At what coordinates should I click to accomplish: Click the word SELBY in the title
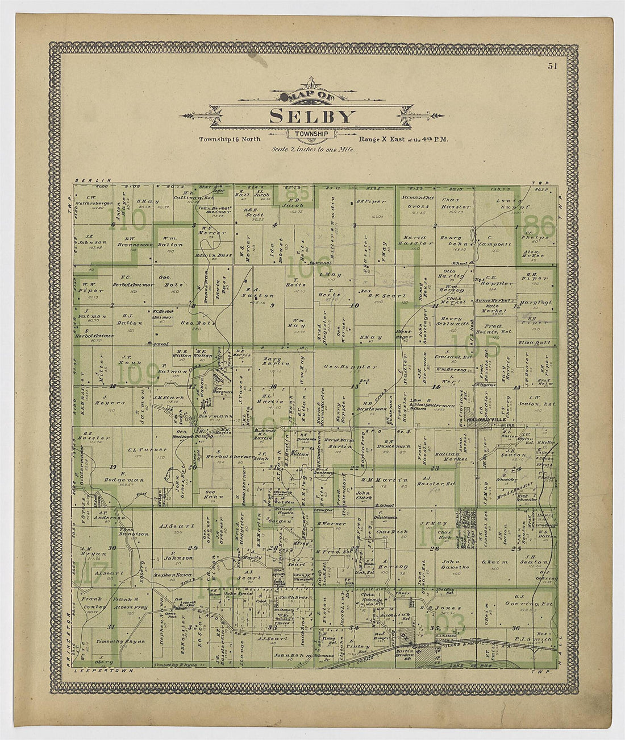coord(312,116)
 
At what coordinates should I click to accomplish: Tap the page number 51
coord(553,65)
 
